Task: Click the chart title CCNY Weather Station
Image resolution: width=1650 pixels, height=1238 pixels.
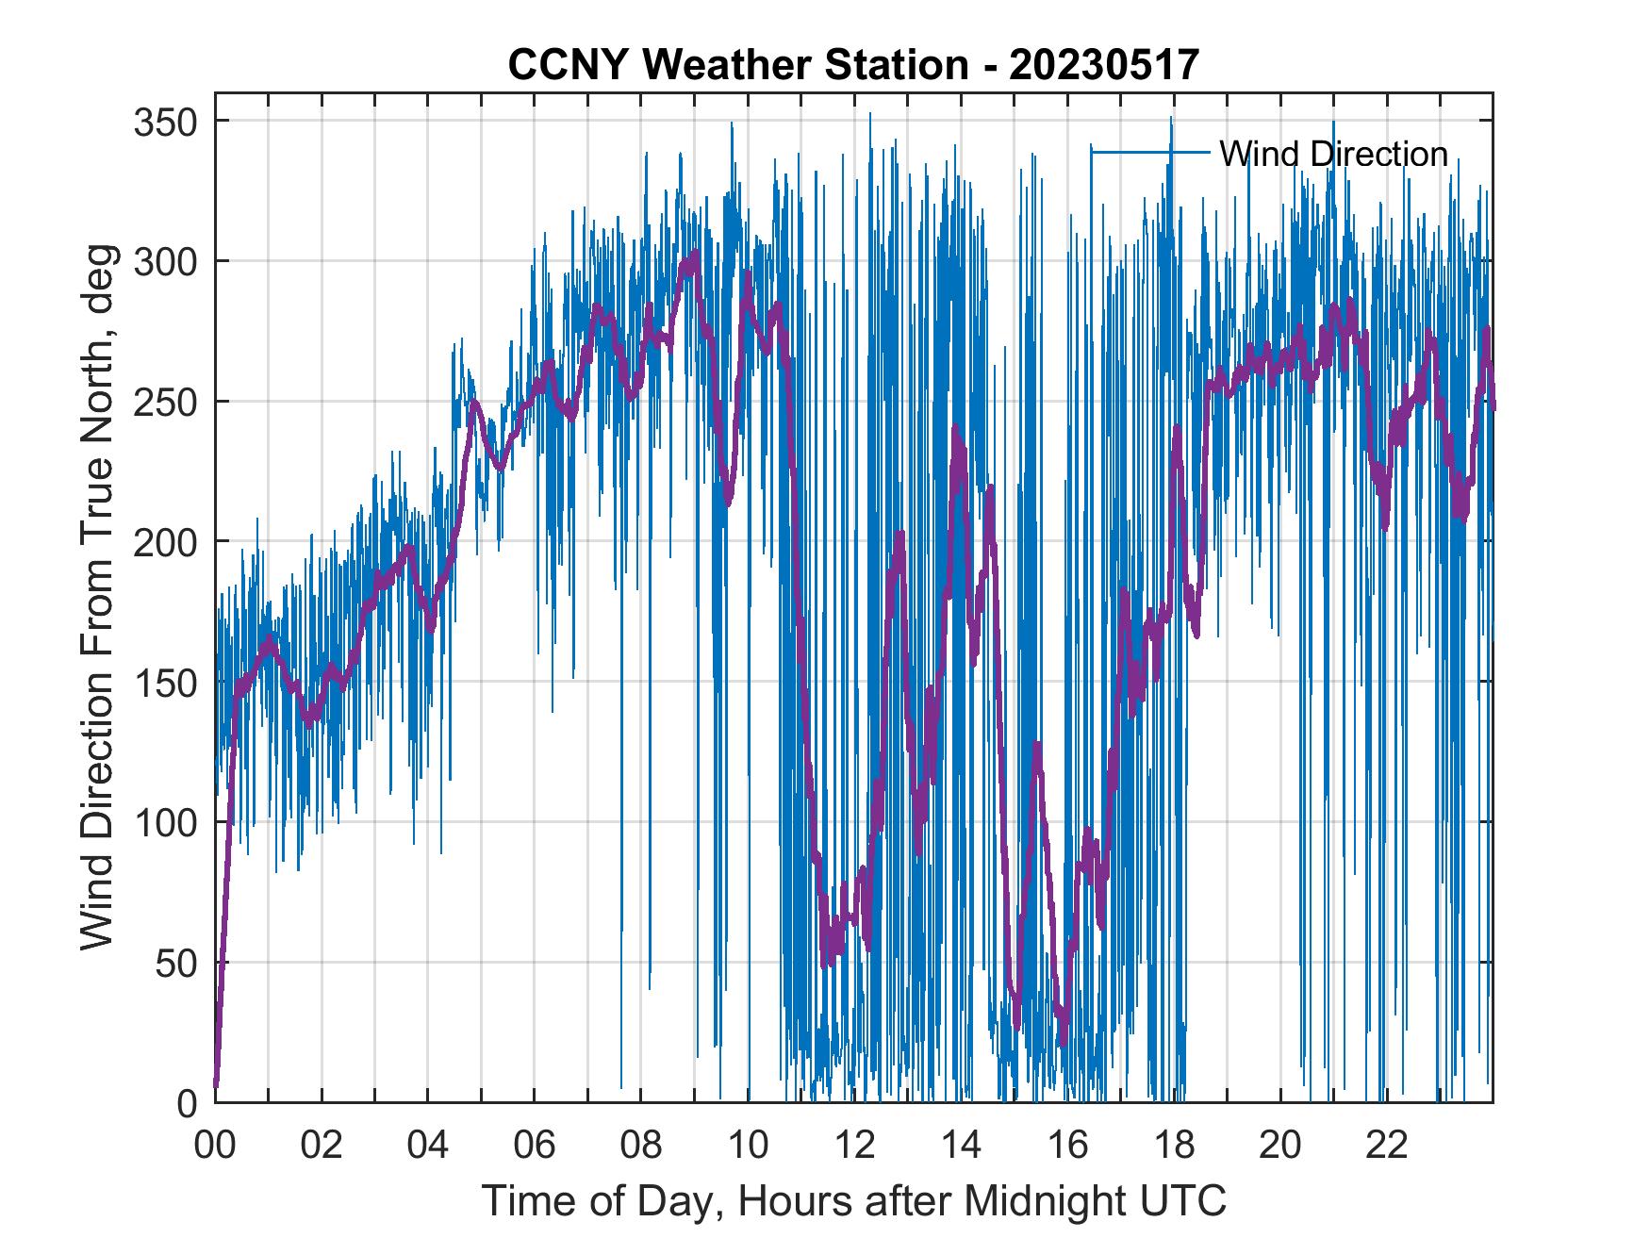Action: click(737, 65)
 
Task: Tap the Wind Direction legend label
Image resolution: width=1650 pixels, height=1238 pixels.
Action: click(1333, 154)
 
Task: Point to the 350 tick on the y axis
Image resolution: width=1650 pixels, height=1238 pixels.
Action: click(163, 123)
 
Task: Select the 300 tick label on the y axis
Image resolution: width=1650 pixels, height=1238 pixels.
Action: click(163, 262)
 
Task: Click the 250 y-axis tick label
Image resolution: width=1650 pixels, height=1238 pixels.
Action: click(163, 403)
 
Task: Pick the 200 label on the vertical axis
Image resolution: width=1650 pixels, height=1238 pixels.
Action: click(163, 542)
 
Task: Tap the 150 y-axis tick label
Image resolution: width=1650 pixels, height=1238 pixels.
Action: click(163, 683)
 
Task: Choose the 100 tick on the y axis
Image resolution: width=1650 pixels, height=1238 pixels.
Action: click(163, 822)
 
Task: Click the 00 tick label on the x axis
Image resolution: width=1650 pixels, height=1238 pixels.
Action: click(215, 1146)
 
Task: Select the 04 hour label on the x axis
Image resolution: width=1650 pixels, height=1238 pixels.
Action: click(428, 1146)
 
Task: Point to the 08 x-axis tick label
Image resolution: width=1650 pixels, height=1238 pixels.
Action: click(641, 1146)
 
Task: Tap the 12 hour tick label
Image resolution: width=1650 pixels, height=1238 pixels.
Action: click(854, 1146)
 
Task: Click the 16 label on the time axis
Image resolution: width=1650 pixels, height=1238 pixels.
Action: click(1067, 1146)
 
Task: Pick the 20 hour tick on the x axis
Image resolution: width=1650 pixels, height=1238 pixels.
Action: click(1280, 1146)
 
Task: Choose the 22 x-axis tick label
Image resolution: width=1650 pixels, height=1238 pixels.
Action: click(1387, 1146)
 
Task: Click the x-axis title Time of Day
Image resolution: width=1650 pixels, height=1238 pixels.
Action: click(854, 1200)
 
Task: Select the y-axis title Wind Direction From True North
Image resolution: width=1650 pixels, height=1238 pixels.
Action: click(97, 597)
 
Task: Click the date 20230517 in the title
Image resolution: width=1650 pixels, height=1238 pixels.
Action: click(1103, 65)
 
